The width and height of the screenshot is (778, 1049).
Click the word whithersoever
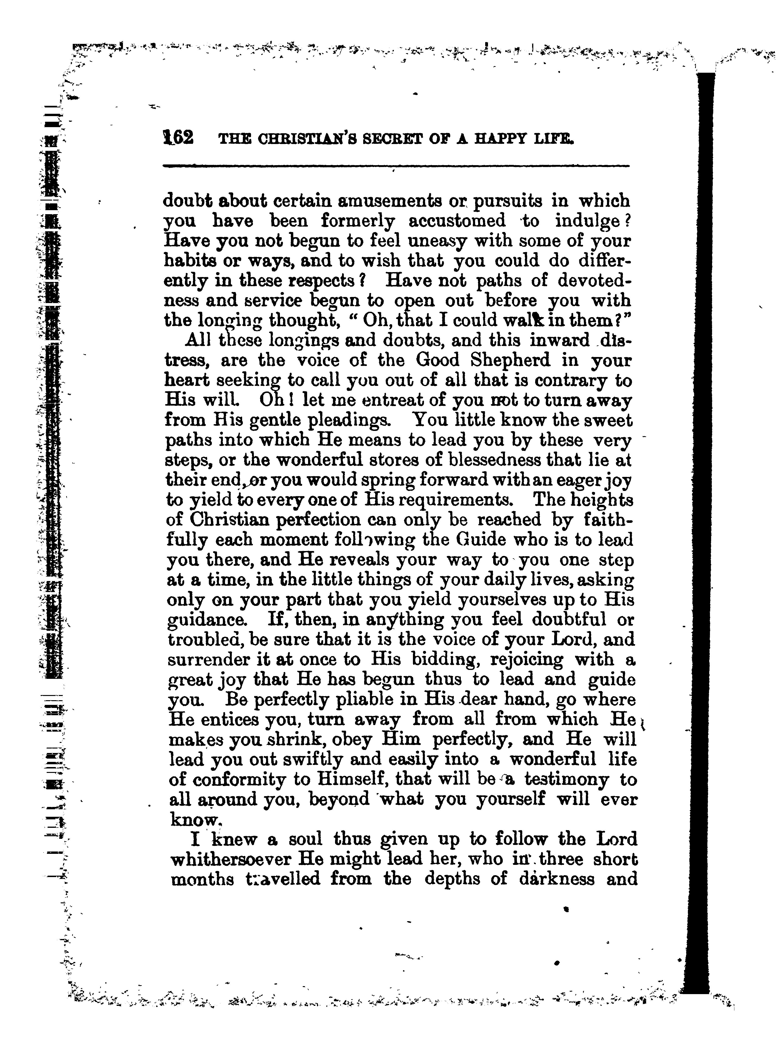point(231,860)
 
